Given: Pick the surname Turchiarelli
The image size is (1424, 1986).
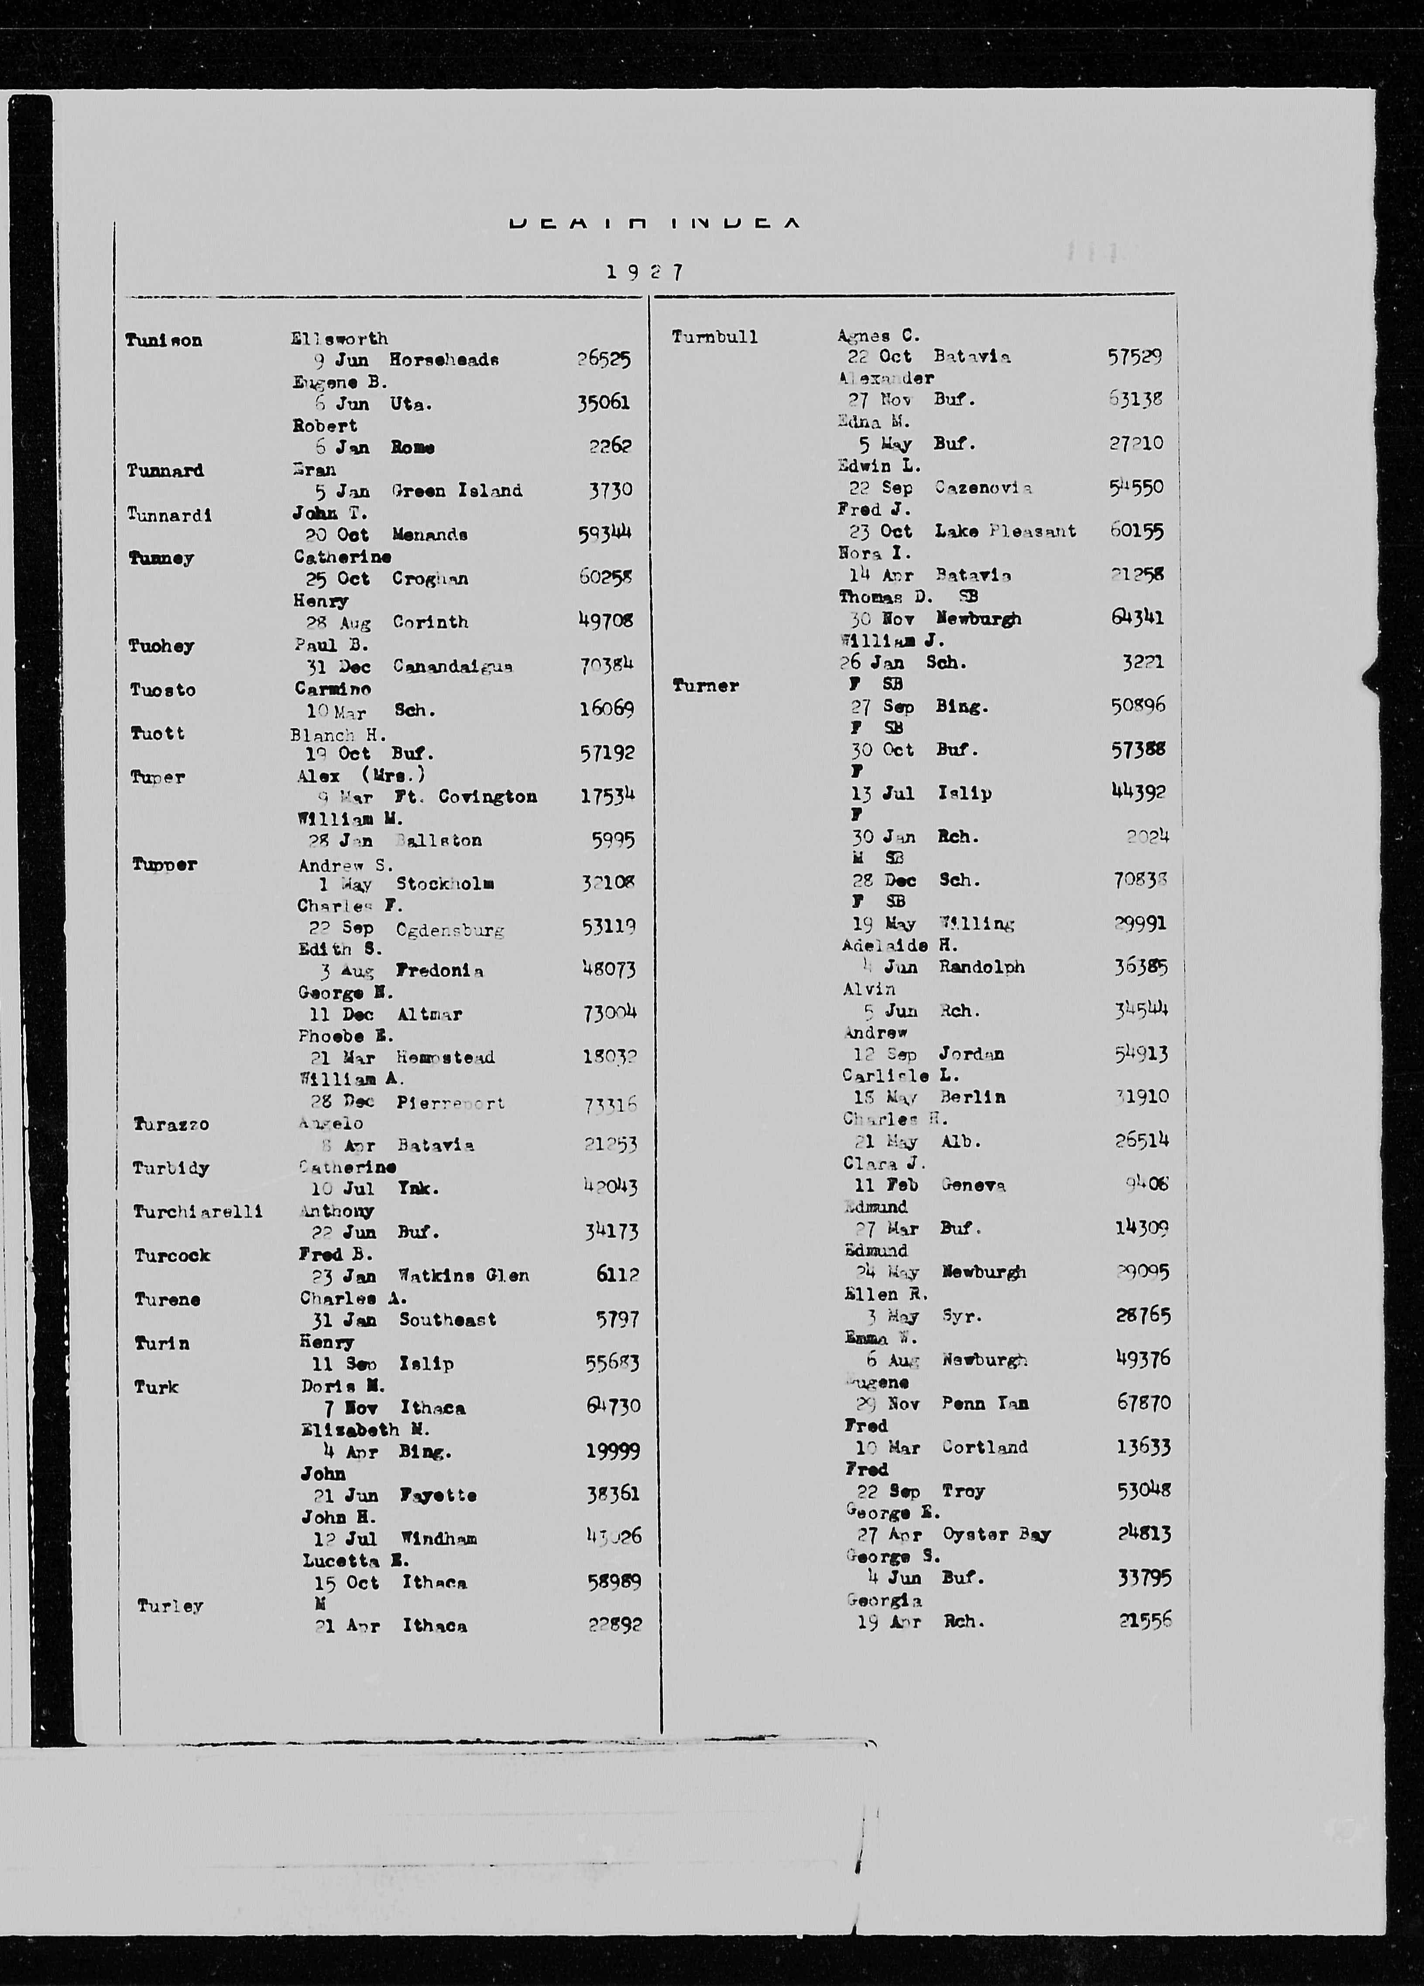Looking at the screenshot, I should tap(198, 1212).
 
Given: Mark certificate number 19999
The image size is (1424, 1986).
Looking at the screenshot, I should tap(613, 1451).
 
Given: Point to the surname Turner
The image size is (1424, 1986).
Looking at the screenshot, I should tap(705, 686).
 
